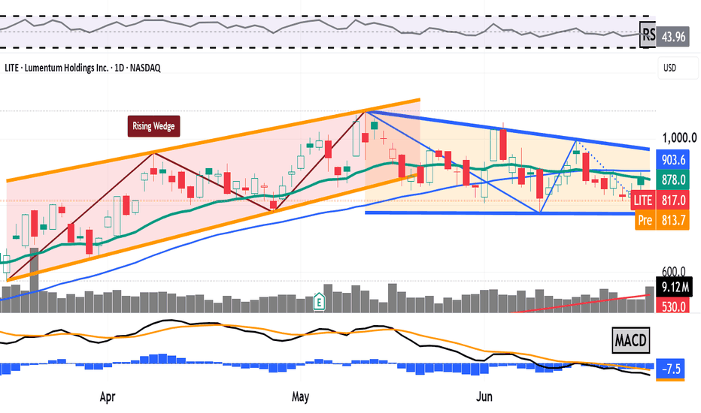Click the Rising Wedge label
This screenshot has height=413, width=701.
(153, 126)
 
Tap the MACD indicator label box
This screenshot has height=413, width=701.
(630, 340)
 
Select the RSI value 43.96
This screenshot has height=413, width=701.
(673, 36)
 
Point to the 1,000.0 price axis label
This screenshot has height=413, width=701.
(679, 138)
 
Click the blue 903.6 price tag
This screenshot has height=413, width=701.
(673, 159)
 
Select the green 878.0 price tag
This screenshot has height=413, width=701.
(673, 179)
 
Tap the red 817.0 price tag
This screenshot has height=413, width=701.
(673, 200)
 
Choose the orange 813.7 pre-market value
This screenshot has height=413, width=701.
(673, 220)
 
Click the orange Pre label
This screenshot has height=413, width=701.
(645, 220)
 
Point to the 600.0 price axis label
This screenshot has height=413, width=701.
(673, 272)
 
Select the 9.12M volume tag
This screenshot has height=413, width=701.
(674, 287)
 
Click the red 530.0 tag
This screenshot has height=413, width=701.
(673, 306)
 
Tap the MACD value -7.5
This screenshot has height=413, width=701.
(670, 369)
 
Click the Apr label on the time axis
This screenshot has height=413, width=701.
(108, 396)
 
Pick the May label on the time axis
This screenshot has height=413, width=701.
(300, 396)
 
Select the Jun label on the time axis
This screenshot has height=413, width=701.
(484, 396)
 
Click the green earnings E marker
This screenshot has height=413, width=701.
(319, 302)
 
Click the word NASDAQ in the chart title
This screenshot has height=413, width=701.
(145, 68)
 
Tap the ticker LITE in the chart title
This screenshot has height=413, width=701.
(11, 68)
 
